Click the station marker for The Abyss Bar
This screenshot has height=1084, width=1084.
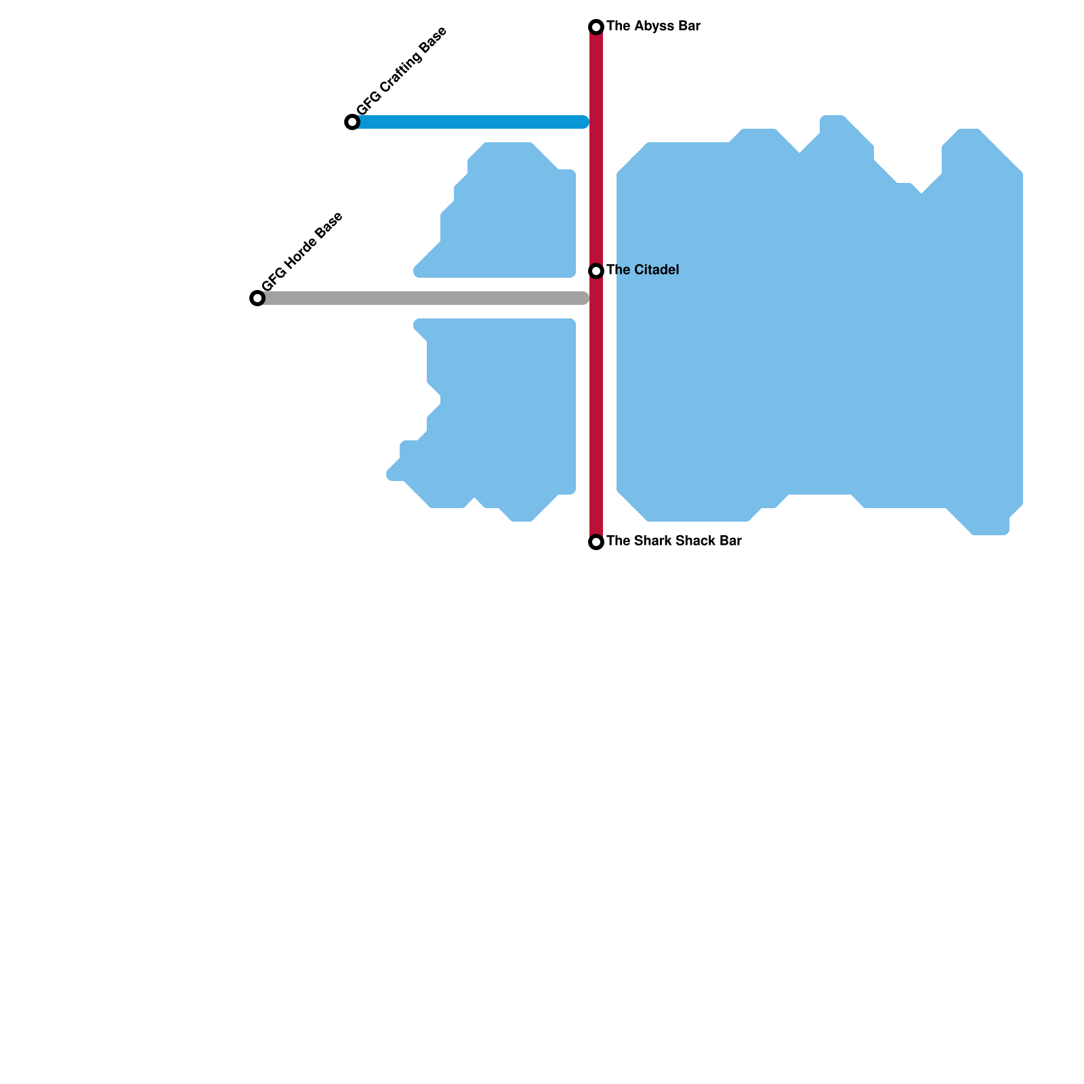(x=596, y=27)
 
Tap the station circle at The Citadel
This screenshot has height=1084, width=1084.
(x=596, y=271)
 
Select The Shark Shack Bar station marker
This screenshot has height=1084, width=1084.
(x=596, y=542)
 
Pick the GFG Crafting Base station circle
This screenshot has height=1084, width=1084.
(x=352, y=122)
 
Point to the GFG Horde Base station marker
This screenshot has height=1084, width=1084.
(x=257, y=298)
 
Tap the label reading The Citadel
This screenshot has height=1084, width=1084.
(x=642, y=270)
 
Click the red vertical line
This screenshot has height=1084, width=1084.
(x=596, y=406)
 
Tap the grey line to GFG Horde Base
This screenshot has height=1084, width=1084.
(x=420, y=298)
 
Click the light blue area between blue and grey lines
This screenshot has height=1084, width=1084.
(x=515, y=217)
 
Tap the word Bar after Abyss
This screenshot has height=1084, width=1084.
(x=689, y=26)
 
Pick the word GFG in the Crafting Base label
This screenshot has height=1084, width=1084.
(x=366, y=107)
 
